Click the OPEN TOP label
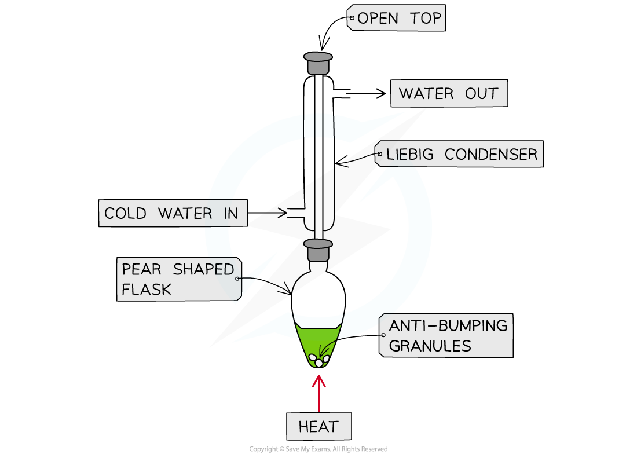[396, 18]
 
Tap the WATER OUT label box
[449, 93]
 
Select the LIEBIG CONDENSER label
[459, 154]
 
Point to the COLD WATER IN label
[173, 213]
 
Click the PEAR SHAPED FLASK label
[179, 279]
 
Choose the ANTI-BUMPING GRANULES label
[446, 335]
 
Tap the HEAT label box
[319, 426]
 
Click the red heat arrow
[319, 393]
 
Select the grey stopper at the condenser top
[318, 63]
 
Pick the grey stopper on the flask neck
[318, 250]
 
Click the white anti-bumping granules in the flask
[319, 360]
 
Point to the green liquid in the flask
[318, 341]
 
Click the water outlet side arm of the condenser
[342, 93]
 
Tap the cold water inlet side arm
[296, 213]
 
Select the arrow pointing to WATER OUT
[365, 93]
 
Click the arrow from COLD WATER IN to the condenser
[268, 213]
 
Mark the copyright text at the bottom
[318, 449]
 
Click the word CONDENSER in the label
[491, 154]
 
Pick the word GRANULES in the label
[430, 346]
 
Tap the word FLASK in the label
[147, 290]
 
